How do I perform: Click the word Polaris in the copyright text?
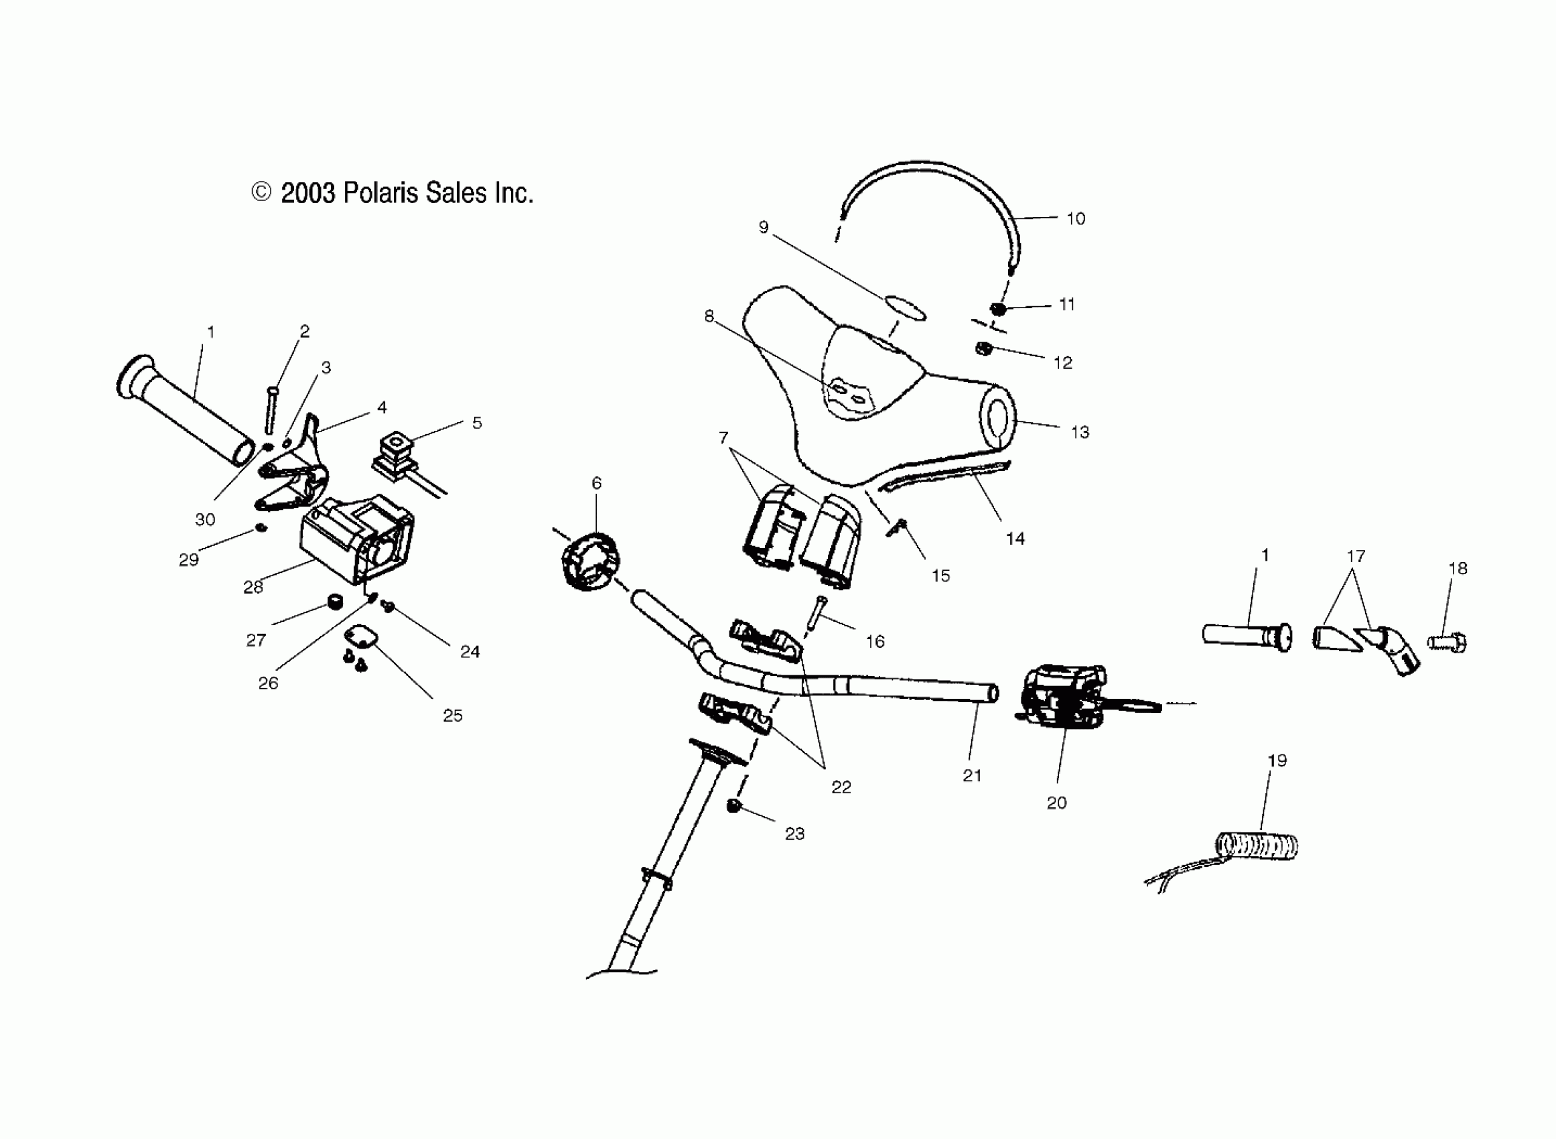pos(381,193)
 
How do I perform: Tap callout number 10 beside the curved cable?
pos(1075,218)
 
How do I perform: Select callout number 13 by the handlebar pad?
pos(1080,432)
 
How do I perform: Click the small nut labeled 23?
pos(734,806)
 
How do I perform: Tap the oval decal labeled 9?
pos(904,308)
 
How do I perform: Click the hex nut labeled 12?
pos(983,349)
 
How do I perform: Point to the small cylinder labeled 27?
pos(336,603)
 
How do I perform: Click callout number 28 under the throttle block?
pos(253,587)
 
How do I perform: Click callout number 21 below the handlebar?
pos(972,776)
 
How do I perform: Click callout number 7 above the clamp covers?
pos(723,437)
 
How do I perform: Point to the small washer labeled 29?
pos(261,528)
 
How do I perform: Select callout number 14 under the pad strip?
pos(1015,539)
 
